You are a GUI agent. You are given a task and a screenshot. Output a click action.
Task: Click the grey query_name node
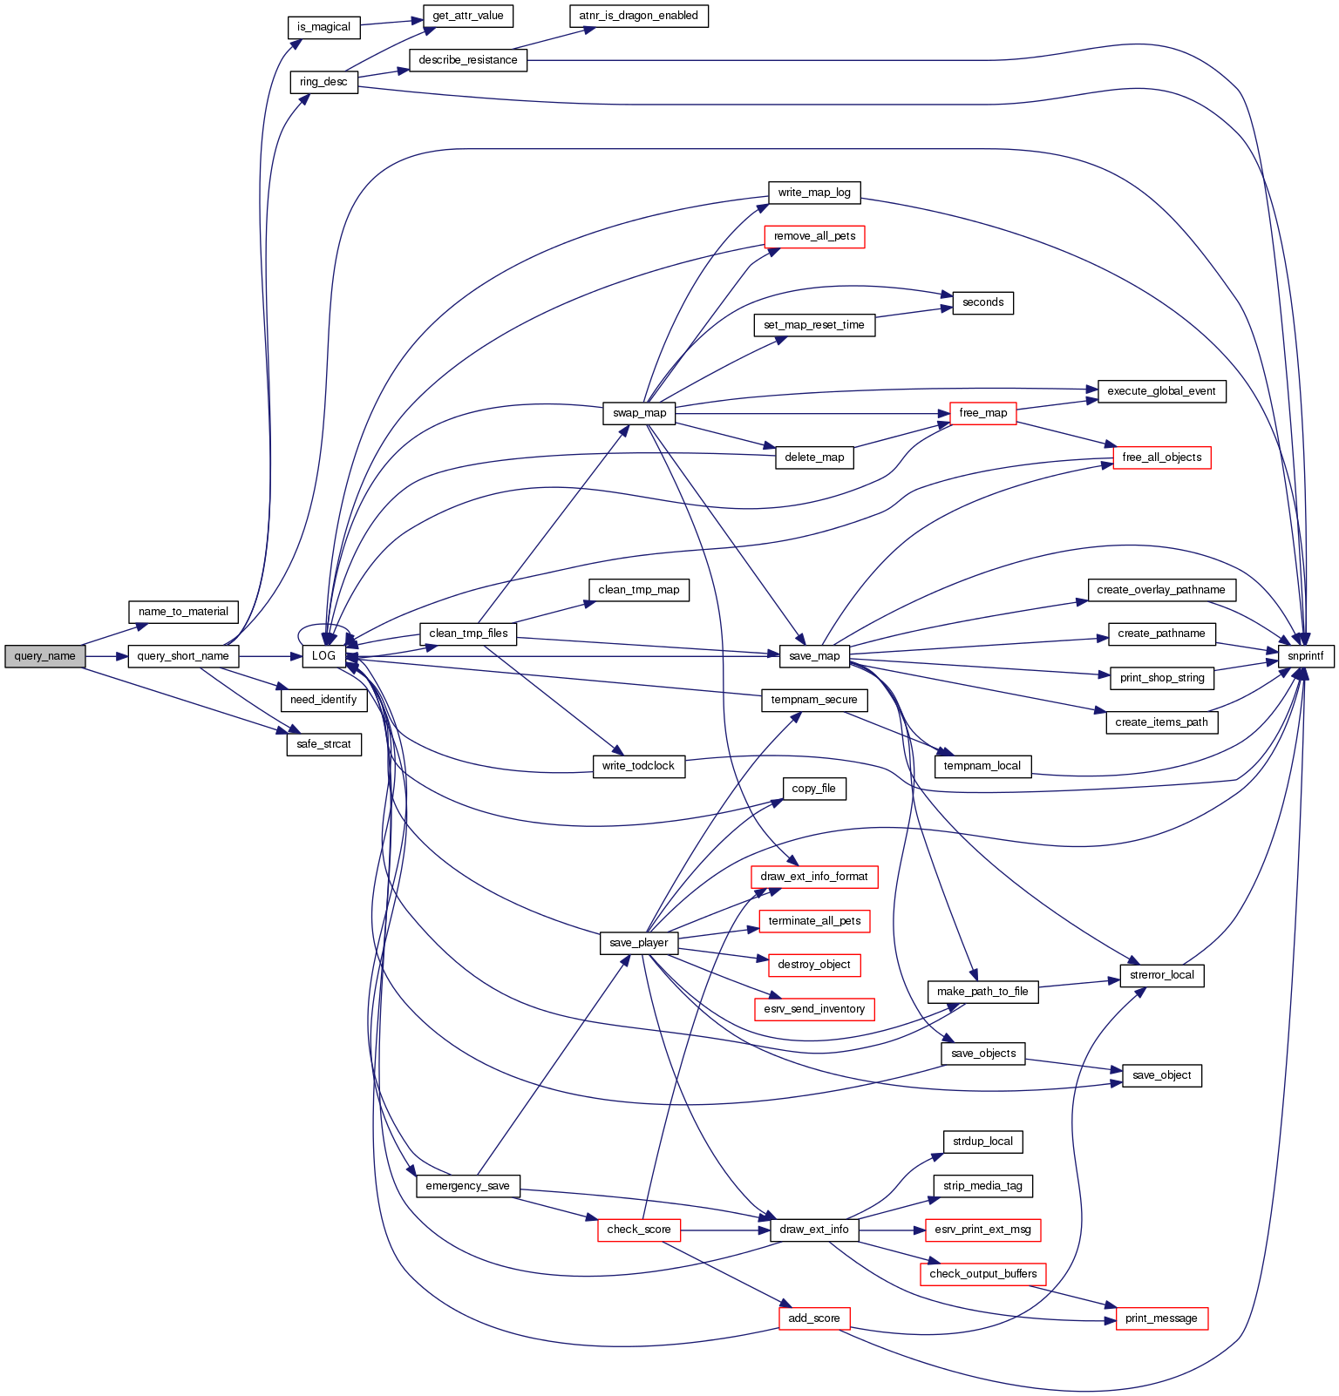click(45, 656)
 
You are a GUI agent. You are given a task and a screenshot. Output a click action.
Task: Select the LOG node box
click(324, 656)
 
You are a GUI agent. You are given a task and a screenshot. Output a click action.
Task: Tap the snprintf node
click(1306, 656)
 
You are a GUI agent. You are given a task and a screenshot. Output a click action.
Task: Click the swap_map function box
click(639, 413)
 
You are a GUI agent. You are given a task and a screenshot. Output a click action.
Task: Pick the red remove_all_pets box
click(814, 236)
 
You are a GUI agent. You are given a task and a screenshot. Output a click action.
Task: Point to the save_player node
click(639, 943)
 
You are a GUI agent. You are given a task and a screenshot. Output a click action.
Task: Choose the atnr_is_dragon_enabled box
click(639, 16)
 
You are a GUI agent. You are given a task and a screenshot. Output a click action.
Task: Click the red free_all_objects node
click(1161, 457)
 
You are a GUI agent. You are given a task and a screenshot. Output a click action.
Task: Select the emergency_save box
click(468, 1186)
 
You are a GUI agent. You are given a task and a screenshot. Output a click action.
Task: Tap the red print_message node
click(1161, 1318)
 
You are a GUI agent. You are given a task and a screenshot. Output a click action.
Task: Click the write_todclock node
click(639, 766)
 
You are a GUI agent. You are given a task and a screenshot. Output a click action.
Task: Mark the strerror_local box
click(1161, 975)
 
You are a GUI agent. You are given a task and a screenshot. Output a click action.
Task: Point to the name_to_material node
click(183, 612)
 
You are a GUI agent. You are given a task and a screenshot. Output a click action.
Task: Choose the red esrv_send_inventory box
click(814, 1009)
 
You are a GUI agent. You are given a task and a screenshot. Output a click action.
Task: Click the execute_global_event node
click(1161, 391)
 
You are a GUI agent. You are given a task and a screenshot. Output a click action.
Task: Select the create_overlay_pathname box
click(1161, 590)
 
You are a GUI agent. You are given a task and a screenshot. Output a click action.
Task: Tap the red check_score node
click(639, 1230)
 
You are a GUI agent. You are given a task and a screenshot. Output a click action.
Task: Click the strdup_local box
click(982, 1142)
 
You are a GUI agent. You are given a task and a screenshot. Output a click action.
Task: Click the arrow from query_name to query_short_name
click(106, 656)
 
